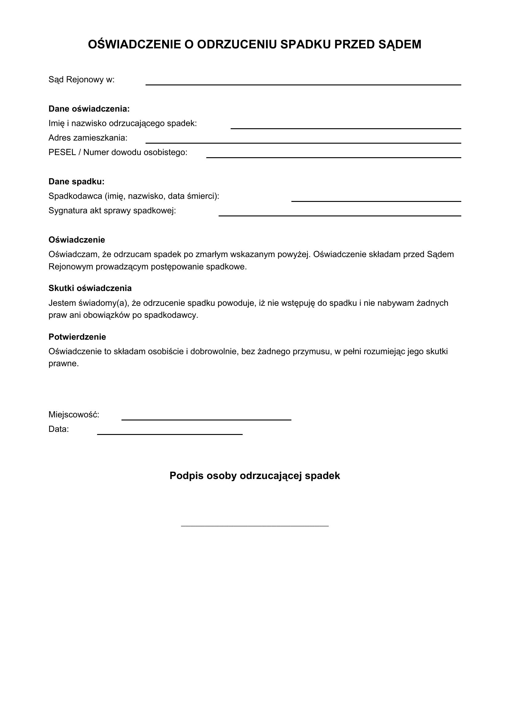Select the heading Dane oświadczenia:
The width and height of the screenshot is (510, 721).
(x=89, y=109)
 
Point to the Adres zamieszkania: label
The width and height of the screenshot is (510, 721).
(x=88, y=138)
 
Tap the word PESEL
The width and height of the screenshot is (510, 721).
(x=62, y=152)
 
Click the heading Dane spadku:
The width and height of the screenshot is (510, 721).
(x=76, y=182)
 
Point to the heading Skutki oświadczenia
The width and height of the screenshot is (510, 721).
(x=90, y=288)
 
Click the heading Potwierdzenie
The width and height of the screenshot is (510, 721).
(x=77, y=337)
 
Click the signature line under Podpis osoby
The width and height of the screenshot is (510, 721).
(x=255, y=526)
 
